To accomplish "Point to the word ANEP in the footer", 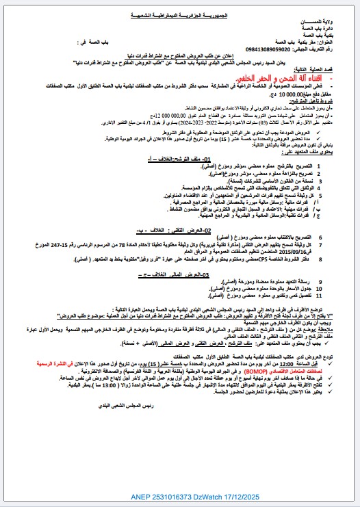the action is pos(140,496).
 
